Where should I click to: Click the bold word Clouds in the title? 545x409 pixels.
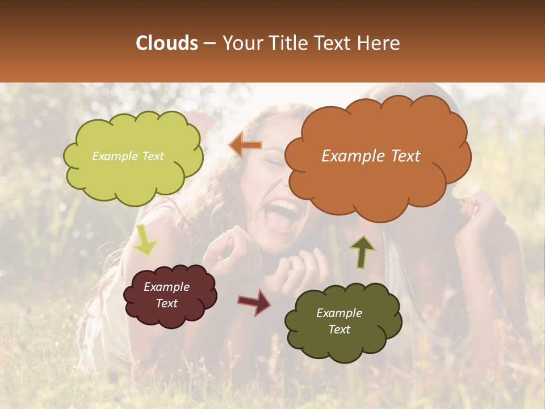click(x=167, y=43)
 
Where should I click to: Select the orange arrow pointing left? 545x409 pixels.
click(x=246, y=145)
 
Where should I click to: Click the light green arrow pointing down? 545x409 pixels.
click(x=145, y=240)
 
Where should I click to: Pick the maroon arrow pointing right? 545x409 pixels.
click(x=254, y=302)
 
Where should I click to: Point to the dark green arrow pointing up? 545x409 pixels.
click(x=362, y=252)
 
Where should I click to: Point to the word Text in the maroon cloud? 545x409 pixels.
click(x=166, y=303)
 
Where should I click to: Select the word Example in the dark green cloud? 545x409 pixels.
click(x=339, y=313)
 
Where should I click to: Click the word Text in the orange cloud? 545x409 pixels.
click(x=404, y=156)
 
